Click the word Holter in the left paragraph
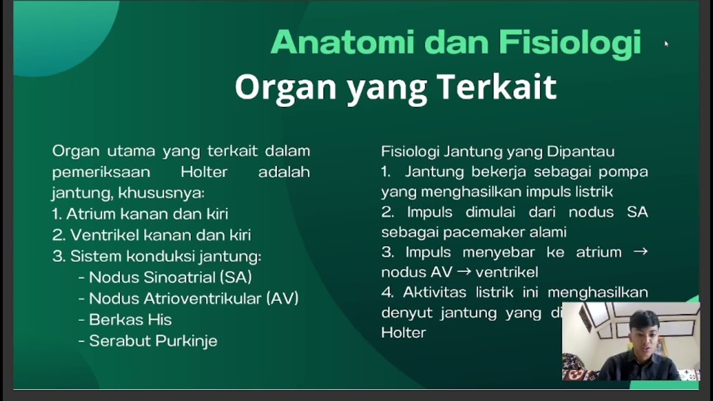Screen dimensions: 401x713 click(x=204, y=172)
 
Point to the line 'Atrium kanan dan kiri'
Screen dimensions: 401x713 click(x=140, y=214)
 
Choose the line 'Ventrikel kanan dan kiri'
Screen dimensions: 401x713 click(x=152, y=235)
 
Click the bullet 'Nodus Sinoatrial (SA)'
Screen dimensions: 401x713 click(x=170, y=277)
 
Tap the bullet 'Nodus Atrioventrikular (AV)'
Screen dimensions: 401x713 click(x=193, y=299)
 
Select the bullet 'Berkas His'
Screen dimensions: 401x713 click(x=130, y=320)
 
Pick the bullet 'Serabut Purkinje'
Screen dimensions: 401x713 click(x=153, y=341)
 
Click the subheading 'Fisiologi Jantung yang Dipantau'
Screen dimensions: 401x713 click(x=497, y=151)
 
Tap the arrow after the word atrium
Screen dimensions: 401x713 click(x=641, y=252)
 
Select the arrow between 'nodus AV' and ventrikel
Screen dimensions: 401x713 click(x=464, y=272)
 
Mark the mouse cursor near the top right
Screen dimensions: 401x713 click(x=666, y=43)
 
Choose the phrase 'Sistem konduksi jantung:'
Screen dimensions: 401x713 click(x=165, y=256)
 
